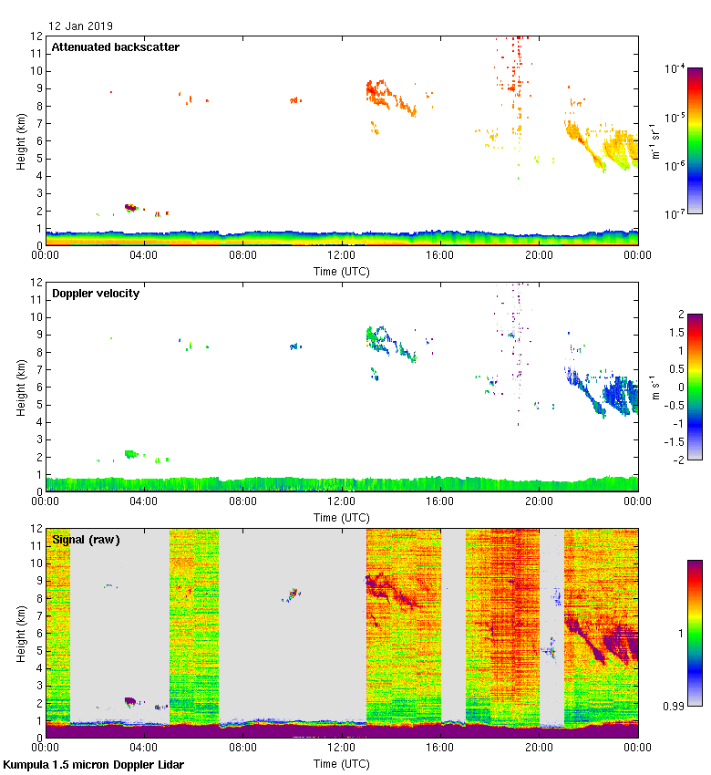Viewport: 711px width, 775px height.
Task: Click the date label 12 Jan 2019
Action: tap(81, 26)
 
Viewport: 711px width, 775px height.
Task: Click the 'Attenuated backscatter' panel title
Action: tap(115, 46)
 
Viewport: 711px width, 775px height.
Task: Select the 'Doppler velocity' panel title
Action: tap(96, 293)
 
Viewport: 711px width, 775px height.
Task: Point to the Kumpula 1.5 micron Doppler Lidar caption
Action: tap(93, 764)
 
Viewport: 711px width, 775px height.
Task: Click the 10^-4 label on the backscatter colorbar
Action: tap(675, 69)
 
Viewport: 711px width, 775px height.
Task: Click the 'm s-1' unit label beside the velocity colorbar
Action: tap(656, 387)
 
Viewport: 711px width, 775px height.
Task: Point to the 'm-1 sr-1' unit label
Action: tap(656, 141)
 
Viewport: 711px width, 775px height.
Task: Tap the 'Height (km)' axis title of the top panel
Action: tap(20, 140)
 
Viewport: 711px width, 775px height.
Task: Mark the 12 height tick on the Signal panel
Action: tap(36, 529)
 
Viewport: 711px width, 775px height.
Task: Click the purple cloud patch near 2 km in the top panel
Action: tap(130, 208)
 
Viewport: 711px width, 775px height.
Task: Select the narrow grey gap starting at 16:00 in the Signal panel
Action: tap(453, 625)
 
